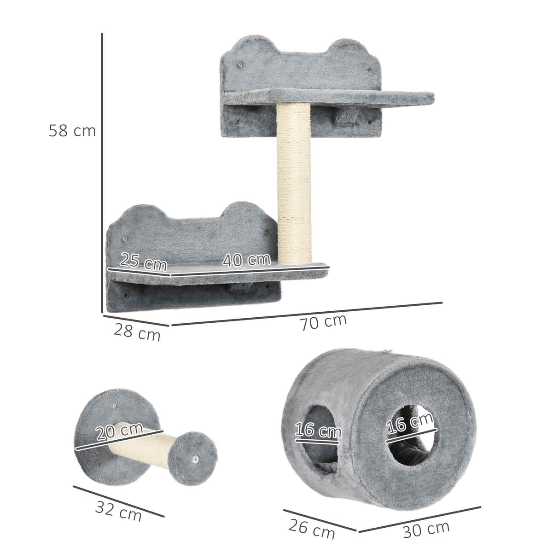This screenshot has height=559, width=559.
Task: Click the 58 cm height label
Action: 72,131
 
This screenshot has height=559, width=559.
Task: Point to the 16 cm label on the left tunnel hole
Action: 318,431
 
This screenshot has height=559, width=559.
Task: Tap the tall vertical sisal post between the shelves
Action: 293,184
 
